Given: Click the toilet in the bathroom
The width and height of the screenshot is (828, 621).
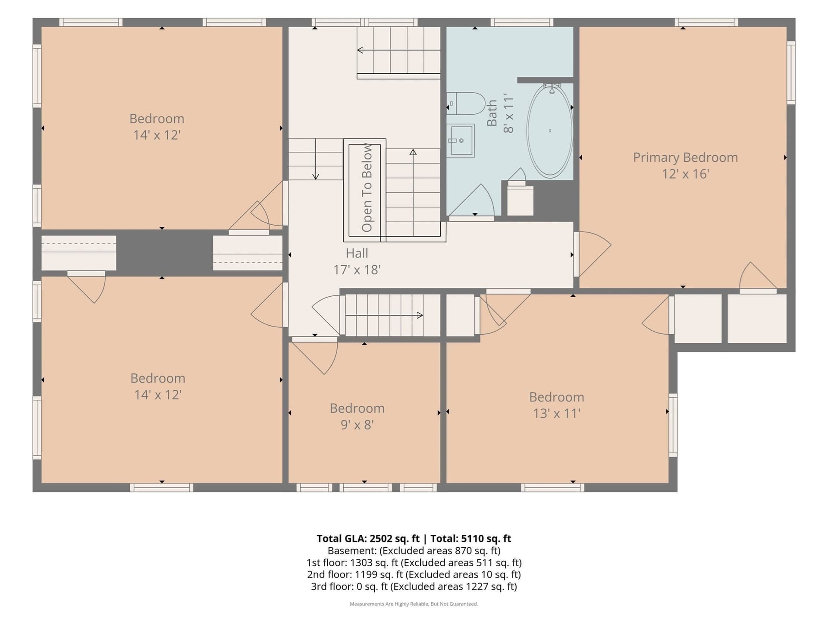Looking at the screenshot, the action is coord(466,103).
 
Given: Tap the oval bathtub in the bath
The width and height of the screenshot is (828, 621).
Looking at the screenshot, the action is coord(550,131).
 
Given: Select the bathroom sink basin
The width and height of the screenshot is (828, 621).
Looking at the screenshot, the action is coord(460,141).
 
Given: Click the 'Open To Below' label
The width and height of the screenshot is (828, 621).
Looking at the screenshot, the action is coord(367,188).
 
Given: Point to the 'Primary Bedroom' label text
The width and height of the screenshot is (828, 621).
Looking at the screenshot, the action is coord(685,157).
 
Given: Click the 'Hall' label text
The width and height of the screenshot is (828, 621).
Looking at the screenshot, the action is coord(357,253).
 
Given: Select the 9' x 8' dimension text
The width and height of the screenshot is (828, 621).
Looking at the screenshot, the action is coord(357,425).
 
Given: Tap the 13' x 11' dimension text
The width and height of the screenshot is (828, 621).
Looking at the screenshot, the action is coord(557,414).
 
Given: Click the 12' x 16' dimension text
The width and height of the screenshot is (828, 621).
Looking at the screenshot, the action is coord(686,174).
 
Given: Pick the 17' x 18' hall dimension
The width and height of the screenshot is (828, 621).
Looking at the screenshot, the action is coord(357,270).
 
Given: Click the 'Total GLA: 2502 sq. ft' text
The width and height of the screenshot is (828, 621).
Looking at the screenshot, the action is coord(368,539).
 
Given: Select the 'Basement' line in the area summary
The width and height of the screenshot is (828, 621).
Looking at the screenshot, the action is coord(414,551).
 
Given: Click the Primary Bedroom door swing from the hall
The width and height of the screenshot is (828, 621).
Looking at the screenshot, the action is coord(593,254).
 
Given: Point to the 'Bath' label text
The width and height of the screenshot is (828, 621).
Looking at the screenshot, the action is coord(492,113).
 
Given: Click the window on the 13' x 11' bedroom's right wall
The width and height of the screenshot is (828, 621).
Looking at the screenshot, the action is coord(673,425).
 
